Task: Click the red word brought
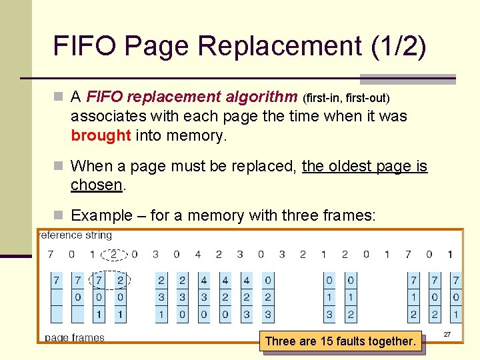click(x=101, y=135)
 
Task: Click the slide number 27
click(x=447, y=335)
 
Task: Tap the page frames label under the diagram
click(x=75, y=337)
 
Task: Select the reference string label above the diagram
click(x=75, y=235)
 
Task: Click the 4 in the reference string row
click(x=197, y=254)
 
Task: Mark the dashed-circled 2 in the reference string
click(x=114, y=254)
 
